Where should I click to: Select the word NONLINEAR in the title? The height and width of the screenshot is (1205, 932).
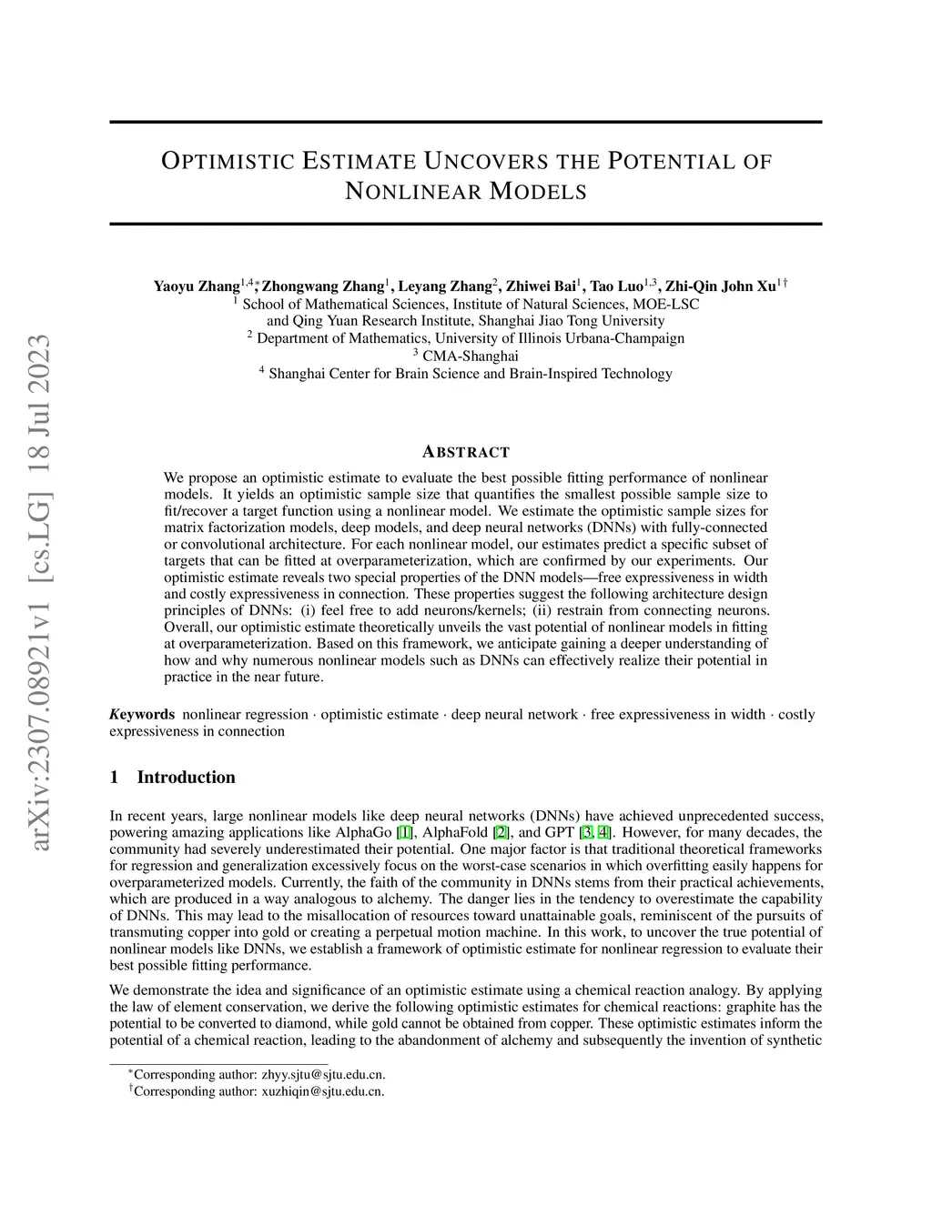[x=412, y=192]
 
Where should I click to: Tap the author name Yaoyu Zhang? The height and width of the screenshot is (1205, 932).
[x=196, y=286]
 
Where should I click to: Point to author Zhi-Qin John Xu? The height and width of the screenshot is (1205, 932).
[x=721, y=286]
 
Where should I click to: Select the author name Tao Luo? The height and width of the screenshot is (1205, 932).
[x=617, y=286]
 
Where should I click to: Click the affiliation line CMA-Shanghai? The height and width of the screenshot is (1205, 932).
[x=470, y=356]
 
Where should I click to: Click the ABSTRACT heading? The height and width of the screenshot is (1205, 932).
[x=466, y=452]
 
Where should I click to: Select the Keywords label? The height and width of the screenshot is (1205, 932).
[x=143, y=714]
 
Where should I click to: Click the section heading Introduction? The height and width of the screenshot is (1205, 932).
[x=186, y=777]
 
